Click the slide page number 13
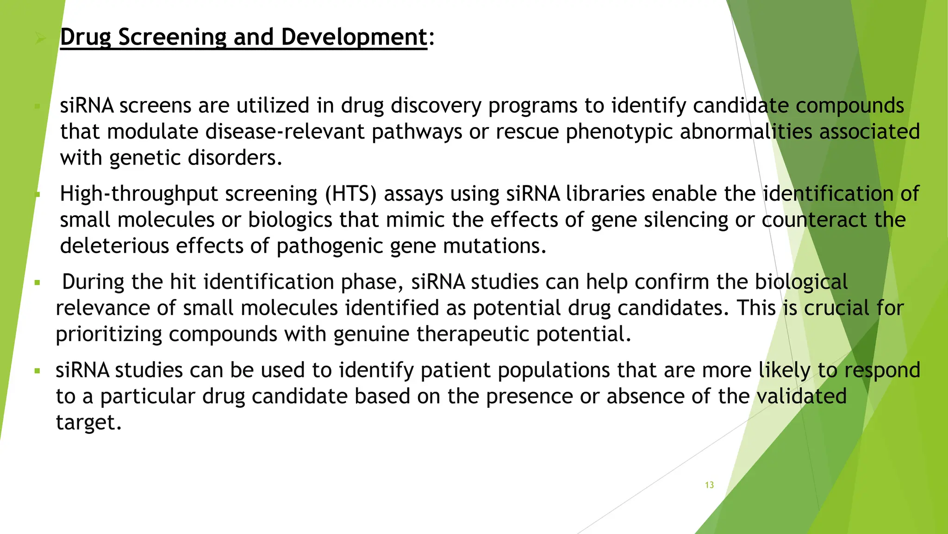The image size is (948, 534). tap(709, 485)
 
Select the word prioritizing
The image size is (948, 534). tap(109, 334)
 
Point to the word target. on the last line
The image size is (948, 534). tap(88, 422)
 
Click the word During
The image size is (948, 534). tap(93, 282)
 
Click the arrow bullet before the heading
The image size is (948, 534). tap(41, 38)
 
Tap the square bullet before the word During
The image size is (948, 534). tap(37, 282)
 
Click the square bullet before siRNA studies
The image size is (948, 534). tap(37, 371)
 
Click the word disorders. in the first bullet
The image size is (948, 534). tap(235, 158)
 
